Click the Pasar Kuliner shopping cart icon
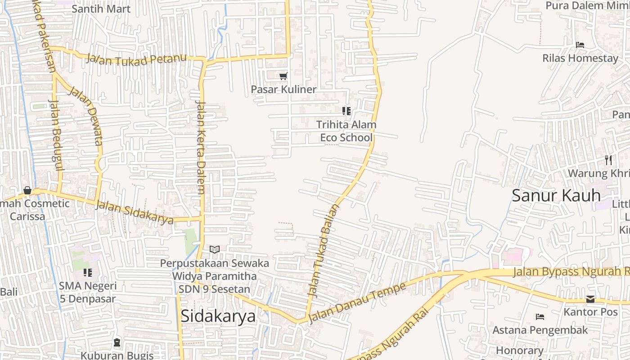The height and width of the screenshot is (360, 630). point(283,76)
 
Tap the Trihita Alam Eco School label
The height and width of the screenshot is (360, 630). point(346,130)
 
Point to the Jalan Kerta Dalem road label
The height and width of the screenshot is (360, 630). point(201,148)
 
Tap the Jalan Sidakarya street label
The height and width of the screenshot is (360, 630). point(135,212)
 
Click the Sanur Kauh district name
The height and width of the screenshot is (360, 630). point(556,196)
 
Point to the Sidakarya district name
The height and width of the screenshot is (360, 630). point(218,316)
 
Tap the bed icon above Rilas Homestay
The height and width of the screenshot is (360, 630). point(580,45)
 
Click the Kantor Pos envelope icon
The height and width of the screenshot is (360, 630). point(590,299)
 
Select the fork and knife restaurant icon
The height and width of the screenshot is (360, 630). point(608,160)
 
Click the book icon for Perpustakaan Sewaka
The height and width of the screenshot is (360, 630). point(215,249)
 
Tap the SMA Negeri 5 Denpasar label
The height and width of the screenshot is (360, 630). point(88,292)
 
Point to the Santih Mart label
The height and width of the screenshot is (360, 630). point(101,9)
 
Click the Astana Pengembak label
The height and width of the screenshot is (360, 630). point(540,330)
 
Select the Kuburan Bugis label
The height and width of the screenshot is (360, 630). point(117,355)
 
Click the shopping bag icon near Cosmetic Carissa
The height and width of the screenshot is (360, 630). point(27,190)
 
